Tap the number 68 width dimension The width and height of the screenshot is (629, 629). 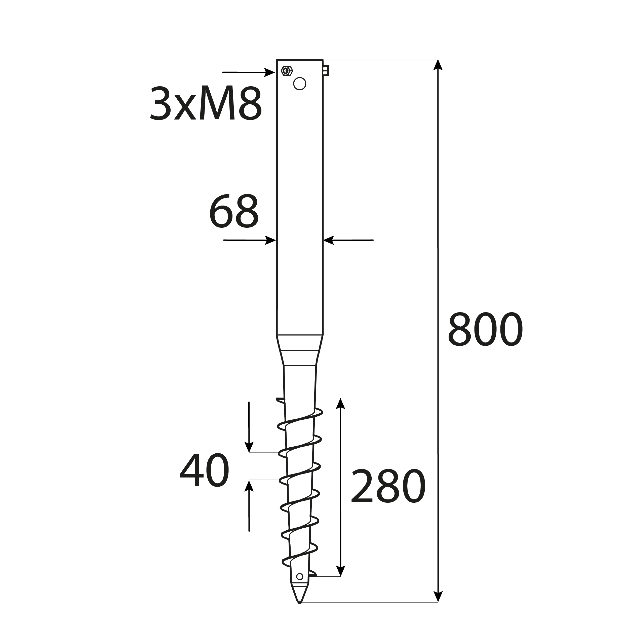tap(234, 211)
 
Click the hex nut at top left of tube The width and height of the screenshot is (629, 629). tap(287, 70)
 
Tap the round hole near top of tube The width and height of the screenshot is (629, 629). tap(299, 84)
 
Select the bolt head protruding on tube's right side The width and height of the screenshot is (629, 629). tap(326, 70)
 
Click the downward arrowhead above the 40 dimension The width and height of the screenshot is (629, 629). tap(249, 447)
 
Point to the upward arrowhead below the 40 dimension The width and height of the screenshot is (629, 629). tap(249, 486)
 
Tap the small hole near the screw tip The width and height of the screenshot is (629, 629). tap(299, 577)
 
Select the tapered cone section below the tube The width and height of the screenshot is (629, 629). tap(299, 350)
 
